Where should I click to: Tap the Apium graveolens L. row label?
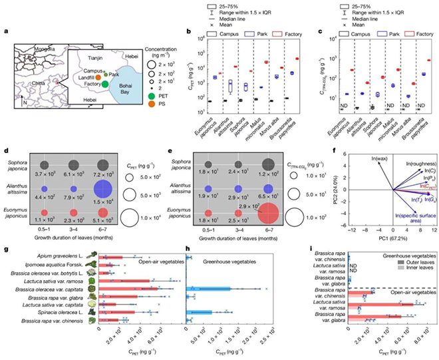pos(61,244)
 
